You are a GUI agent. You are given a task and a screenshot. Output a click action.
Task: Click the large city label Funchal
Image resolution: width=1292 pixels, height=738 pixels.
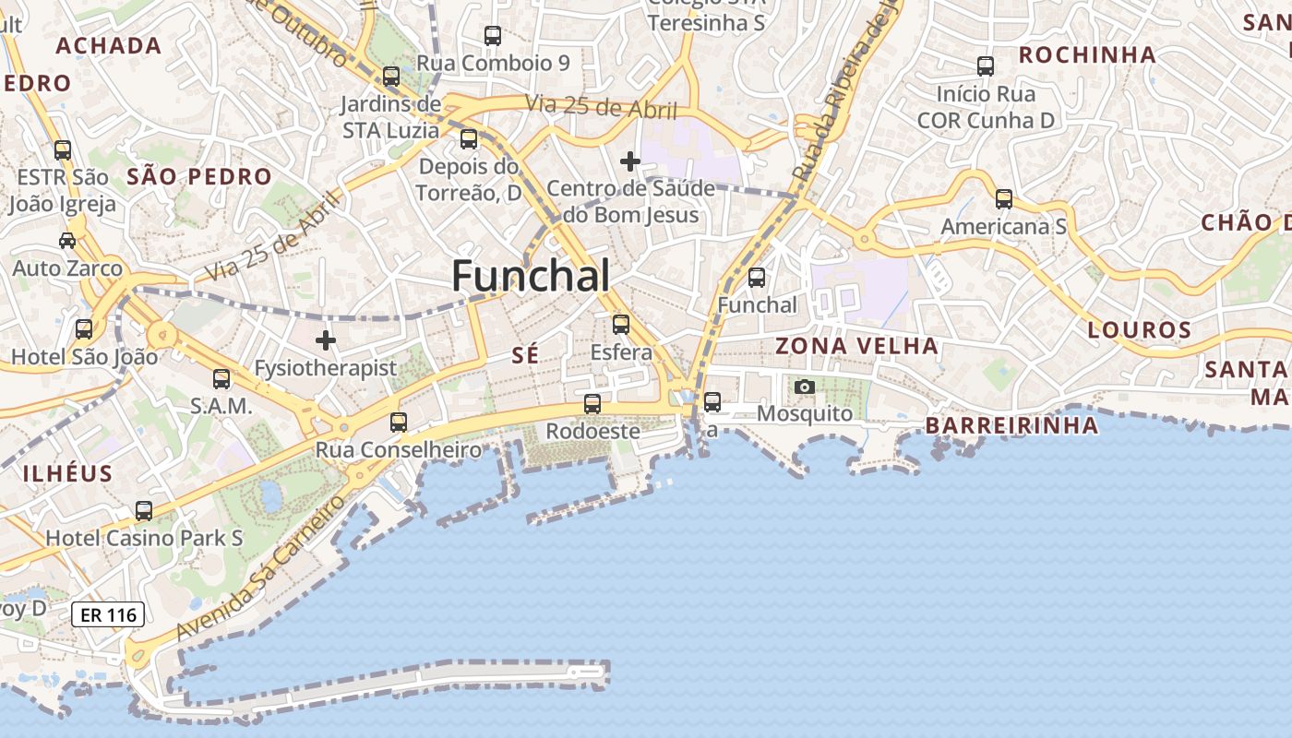531,276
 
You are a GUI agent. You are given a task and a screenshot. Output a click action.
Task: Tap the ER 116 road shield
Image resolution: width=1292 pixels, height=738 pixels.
108,614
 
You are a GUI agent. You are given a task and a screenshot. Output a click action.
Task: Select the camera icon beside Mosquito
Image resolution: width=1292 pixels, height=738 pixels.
805,387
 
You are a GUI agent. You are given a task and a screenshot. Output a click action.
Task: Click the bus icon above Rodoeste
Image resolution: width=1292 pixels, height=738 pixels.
592,404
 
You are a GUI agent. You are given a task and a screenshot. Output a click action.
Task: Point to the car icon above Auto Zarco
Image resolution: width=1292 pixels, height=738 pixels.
67,241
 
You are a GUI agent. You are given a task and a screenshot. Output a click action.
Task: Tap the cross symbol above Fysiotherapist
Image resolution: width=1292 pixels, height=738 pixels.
326,340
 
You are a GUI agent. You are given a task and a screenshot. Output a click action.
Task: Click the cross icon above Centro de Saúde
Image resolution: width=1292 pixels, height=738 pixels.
630,162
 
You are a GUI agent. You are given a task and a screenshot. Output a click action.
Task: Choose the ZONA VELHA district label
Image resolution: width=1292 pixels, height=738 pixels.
856,346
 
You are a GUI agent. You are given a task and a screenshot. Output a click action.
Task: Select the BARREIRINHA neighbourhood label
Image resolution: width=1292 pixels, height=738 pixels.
1011,425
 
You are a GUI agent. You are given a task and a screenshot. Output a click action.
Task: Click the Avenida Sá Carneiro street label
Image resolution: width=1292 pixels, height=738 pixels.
260,568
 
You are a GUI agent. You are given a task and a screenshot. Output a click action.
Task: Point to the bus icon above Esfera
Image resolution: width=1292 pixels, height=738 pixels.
621,325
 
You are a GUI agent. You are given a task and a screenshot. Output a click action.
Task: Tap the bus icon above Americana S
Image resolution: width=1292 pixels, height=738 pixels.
1004,199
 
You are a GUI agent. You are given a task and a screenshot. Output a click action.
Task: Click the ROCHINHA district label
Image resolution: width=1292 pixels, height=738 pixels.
1087,54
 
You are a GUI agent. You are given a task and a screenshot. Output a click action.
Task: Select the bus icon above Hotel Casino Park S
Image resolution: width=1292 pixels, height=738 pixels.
144,510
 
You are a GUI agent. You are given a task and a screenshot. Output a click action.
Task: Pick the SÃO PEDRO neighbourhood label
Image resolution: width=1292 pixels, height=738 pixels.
199,176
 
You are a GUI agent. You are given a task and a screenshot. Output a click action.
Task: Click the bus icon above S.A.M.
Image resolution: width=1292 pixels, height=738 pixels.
221,379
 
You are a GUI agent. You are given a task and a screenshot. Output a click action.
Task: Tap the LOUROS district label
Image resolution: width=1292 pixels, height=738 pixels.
1139,329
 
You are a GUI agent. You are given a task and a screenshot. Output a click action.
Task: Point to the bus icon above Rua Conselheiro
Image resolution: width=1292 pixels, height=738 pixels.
399,423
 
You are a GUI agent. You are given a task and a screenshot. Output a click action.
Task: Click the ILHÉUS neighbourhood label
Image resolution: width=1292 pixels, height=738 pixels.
67,474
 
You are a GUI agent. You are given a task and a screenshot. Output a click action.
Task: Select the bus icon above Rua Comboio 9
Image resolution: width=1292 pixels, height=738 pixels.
493,36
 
